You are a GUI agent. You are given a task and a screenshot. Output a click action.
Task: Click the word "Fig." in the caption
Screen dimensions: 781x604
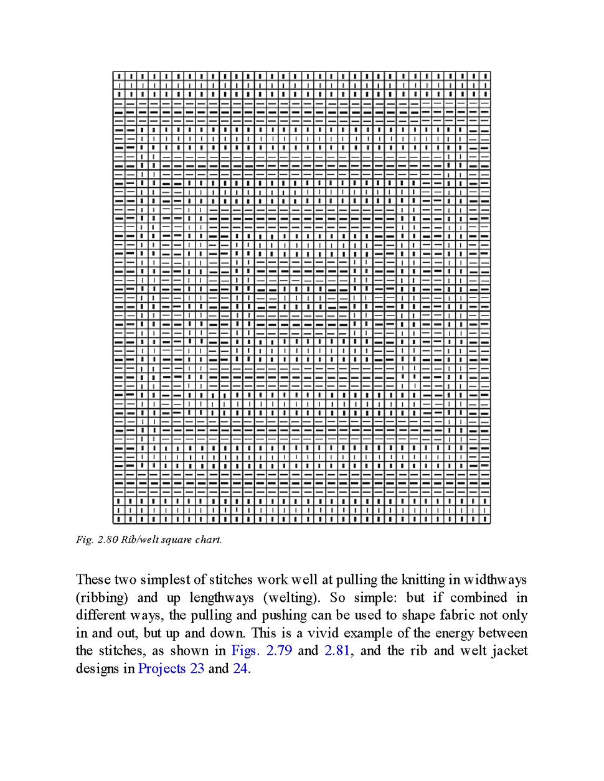click(85, 540)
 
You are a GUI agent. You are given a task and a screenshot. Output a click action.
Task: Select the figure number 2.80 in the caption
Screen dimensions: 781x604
click(108, 540)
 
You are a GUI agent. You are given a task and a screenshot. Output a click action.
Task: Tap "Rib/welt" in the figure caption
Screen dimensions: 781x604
click(139, 540)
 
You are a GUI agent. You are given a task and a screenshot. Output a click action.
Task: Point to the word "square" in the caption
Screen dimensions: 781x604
click(176, 540)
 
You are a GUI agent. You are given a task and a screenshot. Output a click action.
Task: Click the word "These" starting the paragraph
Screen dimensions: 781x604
click(93, 579)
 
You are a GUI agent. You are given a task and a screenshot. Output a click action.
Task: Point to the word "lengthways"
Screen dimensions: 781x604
click(222, 597)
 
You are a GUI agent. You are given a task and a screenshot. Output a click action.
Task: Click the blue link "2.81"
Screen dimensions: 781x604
click(337, 650)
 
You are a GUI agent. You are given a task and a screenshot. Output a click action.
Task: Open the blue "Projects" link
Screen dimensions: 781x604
click(162, 668)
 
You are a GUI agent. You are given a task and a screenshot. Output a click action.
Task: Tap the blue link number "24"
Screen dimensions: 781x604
click(240, 668)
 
